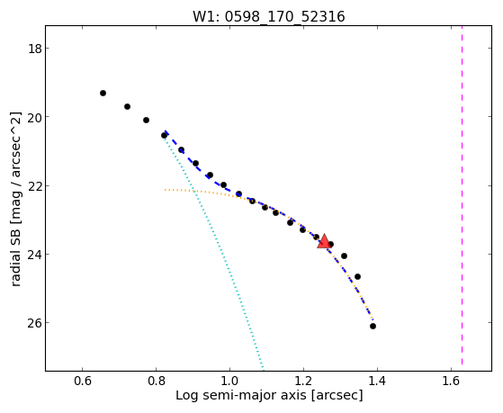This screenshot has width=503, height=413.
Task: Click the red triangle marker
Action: click(324, 241)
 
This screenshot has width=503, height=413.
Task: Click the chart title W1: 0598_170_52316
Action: click(269, 17)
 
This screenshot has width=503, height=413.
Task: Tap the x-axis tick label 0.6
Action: click(83, 381)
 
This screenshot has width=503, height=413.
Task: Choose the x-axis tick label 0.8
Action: click(156, 381)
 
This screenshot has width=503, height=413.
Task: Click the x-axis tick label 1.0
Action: click(229, 381)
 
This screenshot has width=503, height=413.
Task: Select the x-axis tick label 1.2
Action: click(303, 381)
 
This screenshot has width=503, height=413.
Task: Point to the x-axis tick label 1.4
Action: click(377, 381)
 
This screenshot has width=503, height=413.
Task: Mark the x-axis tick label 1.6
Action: click(451, 381)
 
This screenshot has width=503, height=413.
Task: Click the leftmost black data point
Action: click(103, 93)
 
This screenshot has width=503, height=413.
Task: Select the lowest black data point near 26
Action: click(373, 326)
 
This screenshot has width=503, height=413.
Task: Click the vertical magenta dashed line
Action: click(462, 195)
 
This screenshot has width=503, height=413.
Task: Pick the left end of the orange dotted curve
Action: click(165, 190)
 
